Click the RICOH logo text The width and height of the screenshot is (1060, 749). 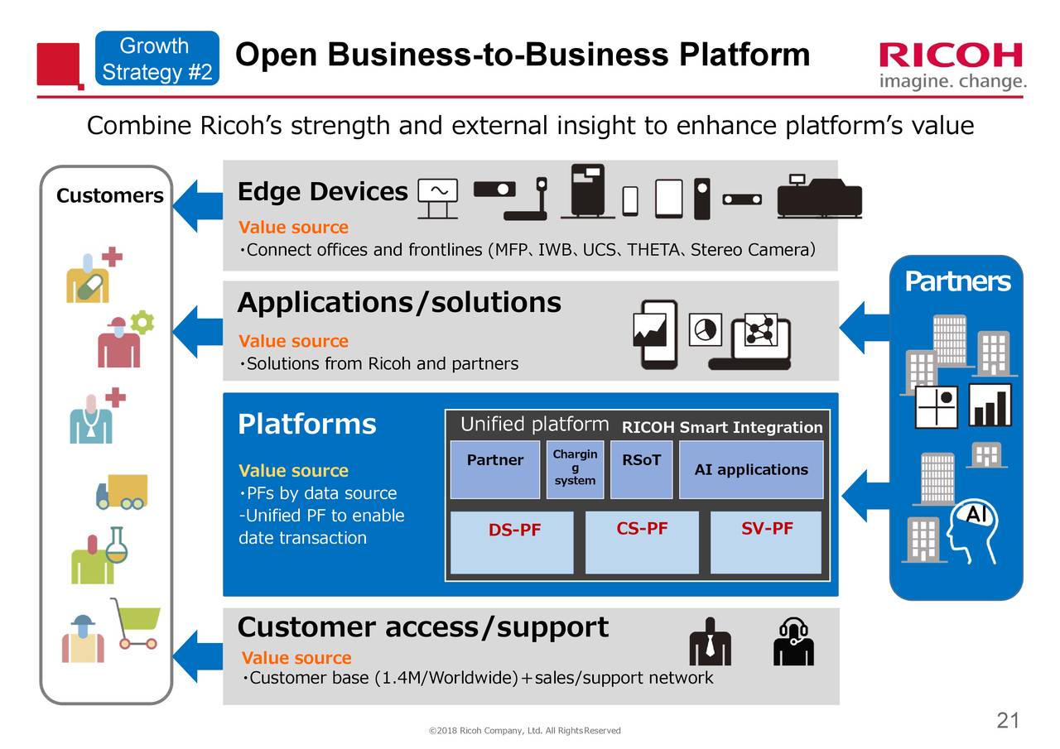coord(951,55)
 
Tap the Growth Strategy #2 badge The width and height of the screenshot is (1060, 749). coord(157,59)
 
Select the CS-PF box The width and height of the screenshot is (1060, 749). coord(642,542)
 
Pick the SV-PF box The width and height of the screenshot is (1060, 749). coord(766,542)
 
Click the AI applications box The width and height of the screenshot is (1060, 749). coord(751,470)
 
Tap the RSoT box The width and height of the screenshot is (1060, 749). coord(641,470)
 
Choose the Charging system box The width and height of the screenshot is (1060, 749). coord(575,470)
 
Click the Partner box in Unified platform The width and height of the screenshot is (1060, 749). coord(494,470)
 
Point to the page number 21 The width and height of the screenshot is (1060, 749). coord(1007,721)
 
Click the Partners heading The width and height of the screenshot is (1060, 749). coord(956,282)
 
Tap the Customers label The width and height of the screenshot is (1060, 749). coord(109,196)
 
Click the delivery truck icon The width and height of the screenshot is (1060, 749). coord(122,492)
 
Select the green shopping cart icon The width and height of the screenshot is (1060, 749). coord(136,623)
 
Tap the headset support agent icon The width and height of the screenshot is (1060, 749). coord(793,642)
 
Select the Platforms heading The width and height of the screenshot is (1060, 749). coord(306,425)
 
